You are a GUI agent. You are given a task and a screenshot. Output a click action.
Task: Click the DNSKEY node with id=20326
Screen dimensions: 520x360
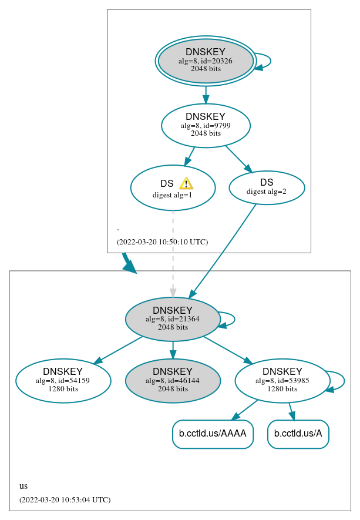tap(206, 61)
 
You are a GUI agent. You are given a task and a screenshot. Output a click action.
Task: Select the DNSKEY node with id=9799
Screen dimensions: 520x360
tap(206, 125)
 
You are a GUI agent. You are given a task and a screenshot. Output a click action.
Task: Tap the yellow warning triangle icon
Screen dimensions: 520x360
tap(186, 183)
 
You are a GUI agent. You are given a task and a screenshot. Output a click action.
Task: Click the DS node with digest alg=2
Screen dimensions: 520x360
tap(267, 187)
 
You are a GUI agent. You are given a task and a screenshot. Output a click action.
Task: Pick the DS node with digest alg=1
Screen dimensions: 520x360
tap(173, 188)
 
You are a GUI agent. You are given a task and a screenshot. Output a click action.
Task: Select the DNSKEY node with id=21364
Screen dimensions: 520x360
tap(173, 319)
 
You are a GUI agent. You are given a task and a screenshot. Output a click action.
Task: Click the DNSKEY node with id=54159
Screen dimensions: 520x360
tap(63, 381)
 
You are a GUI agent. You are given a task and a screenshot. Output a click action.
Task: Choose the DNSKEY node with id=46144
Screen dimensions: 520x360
tap(173, 381)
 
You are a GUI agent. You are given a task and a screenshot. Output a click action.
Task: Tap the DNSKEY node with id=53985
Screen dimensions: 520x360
tap(282, 381)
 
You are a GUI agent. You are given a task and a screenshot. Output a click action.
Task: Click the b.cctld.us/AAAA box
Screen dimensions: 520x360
tap(213, 434)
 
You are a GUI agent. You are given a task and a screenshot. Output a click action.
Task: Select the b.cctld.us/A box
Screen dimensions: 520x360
tap(298, 434)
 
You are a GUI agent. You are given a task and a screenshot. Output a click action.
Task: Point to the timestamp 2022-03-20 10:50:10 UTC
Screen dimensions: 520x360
tap(162, 241)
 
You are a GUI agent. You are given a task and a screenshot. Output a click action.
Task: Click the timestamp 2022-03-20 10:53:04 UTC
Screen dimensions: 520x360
tap(65, 499)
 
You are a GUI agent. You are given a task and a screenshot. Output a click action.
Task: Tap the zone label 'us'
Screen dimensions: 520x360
tap(23, 486)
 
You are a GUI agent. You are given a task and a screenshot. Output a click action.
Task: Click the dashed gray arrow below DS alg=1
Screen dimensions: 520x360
tap(173, 253)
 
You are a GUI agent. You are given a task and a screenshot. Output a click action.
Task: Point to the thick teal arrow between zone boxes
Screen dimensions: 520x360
tap(128, 262)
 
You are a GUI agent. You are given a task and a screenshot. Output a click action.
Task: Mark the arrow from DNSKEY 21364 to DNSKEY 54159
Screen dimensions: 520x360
tap(118, 350)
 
